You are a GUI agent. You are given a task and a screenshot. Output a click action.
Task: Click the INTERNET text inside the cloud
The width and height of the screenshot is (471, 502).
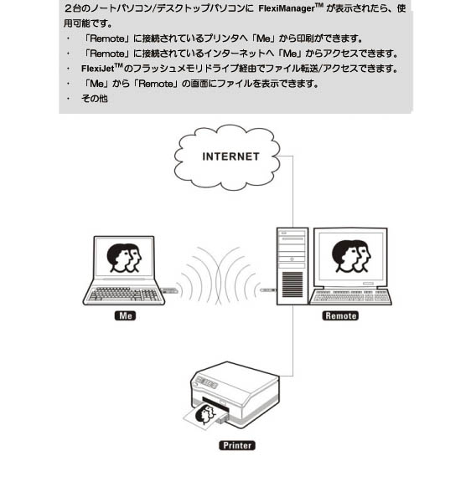point(230,156)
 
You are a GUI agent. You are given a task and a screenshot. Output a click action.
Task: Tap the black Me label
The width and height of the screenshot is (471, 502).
point(125,315)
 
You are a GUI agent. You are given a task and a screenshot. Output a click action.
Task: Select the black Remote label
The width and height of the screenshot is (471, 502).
point(340,315)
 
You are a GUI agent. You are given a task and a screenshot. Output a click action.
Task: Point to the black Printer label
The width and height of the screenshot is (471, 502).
point(237,445)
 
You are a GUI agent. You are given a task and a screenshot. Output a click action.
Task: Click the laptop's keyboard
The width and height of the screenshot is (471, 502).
point(124,294)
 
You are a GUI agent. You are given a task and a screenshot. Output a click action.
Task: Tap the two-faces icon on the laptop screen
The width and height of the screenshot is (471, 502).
point(124,258)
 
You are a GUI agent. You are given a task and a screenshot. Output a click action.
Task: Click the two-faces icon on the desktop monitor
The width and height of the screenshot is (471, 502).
point(351,256)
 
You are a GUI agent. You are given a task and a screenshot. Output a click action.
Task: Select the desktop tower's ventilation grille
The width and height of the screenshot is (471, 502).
point(292,284)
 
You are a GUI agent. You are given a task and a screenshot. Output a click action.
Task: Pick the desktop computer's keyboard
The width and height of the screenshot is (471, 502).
point(351,296)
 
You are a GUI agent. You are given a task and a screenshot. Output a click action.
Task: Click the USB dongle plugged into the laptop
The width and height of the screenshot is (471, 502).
point(169,290)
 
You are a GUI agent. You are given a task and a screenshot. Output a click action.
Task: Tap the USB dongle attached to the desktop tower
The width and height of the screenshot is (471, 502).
point(268,290)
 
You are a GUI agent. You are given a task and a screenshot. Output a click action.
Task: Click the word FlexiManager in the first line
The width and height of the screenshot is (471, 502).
point(287,8)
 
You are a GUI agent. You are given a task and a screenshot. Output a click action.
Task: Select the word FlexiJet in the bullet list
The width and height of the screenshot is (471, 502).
point(97,69)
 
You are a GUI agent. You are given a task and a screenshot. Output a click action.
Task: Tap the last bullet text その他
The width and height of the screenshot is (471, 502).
point(94,98)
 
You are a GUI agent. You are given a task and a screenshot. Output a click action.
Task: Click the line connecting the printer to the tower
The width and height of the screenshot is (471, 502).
point(292,341)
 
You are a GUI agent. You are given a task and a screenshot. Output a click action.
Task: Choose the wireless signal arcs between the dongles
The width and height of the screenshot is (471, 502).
point(219,275)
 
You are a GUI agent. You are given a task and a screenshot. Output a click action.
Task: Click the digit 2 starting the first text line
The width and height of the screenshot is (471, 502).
point(68,8)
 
